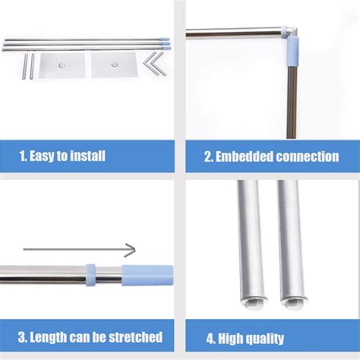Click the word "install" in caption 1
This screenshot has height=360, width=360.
tap(84, 157)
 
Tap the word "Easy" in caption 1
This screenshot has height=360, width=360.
tap(39, 157)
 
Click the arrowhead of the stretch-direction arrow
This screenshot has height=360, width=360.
tap(131, 250)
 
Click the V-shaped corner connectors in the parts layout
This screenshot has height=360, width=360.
tap(158, 62)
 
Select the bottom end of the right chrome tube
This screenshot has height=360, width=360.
tap(292, 300)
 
